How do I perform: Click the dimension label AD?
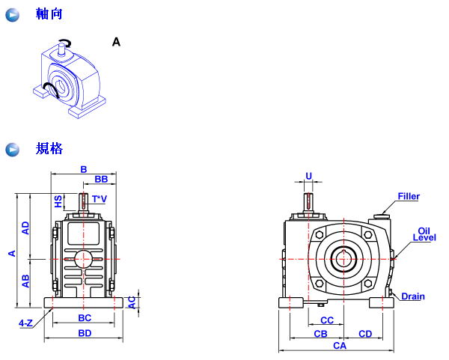(x=25, y=228)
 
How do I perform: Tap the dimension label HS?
(x=58, y=201)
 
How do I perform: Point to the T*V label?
(x=99, y=199)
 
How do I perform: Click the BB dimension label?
(x=101, y=180)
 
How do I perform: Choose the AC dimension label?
(x=132, y=301)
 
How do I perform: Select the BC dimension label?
(x=85, y=318)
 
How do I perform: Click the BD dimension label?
(x=85, y=333)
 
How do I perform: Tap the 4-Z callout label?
(x=25, y=323)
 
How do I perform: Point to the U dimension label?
(x=308, y=177)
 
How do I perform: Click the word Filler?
(x=409, y=197)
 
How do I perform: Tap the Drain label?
(x=412, y=296)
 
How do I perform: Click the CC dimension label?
(x=326, y=320)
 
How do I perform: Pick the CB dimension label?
(x=320, y=333)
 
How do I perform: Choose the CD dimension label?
(x=365, y=333)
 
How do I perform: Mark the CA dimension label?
(x=340, y=346)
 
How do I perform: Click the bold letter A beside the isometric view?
(x=116, y=43)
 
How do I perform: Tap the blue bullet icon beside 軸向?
(x=12, y=15)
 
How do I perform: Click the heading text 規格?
(x=49, y=148)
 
